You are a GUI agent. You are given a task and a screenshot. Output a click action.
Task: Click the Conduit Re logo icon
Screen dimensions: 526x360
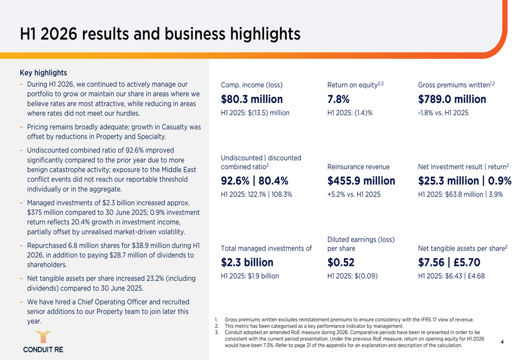(43, 337)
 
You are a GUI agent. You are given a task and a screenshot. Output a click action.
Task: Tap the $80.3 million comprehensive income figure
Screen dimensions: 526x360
(251, 99)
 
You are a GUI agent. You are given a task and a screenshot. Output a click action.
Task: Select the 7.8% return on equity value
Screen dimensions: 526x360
(338, 99)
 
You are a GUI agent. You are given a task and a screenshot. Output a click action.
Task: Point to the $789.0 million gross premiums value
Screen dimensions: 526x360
(452, 99)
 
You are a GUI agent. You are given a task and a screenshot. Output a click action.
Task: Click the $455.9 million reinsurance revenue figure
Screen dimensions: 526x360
(361, 181)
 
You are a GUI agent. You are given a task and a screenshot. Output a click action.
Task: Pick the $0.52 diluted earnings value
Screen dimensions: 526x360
(341, 262)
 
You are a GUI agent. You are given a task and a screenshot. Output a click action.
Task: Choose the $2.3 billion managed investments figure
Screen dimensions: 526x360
(247, 262)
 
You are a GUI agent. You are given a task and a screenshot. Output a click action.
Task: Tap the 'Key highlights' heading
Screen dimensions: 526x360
(43, 73)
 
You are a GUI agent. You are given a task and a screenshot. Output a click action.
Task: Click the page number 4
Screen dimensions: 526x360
(502, 342)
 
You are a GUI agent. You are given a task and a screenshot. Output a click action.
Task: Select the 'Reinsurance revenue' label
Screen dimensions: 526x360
(358, 167)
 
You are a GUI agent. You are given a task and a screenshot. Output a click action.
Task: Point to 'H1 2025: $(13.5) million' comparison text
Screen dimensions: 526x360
(255, 113)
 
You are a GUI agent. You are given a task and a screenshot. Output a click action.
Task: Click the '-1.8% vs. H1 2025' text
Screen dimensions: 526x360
(443, 113)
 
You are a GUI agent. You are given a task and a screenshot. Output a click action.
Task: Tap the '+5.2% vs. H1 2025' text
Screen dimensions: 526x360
(354, 194)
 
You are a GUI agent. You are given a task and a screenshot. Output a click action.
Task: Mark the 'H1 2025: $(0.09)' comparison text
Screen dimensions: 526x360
(352, 276)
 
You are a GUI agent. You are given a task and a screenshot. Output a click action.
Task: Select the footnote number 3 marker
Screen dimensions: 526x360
(216, 333)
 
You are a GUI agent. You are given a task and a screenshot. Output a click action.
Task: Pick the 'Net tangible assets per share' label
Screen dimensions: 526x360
(461, 249)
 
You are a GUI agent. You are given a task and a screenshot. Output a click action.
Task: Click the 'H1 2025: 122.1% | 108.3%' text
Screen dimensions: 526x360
(256, 194)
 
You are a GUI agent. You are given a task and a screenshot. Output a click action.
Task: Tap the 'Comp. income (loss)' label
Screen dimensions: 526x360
(251, 85)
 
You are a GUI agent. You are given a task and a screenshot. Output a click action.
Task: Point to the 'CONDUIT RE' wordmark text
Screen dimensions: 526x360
(43, 349)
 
